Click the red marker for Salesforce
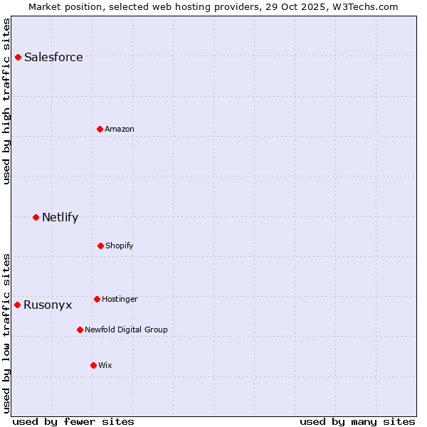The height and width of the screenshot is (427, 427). [19, 57]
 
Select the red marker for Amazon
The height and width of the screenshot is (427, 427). [100, 129]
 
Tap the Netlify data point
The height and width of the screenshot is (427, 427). [36, 217]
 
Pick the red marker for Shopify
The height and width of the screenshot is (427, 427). [100, 246]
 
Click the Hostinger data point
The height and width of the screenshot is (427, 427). [97, 299]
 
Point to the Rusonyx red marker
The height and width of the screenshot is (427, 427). [18, 305]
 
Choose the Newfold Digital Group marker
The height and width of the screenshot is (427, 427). [80, 330]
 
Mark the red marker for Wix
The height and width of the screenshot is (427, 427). [93, 365]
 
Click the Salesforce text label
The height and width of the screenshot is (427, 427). [53, 57]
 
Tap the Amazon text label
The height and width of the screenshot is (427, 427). [120, 129]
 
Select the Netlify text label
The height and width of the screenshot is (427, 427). [60, 217]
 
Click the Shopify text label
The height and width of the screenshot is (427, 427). [120, 246]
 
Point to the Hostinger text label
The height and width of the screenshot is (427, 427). [120, 299]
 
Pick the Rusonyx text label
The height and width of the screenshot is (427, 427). [48, 305]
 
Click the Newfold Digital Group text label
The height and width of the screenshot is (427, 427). [126, 330]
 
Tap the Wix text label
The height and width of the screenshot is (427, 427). [105, 365]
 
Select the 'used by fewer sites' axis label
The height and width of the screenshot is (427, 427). [73, 421]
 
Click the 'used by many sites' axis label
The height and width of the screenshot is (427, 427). [357, 421]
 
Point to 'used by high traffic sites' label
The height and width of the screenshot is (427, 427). [6, 101]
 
